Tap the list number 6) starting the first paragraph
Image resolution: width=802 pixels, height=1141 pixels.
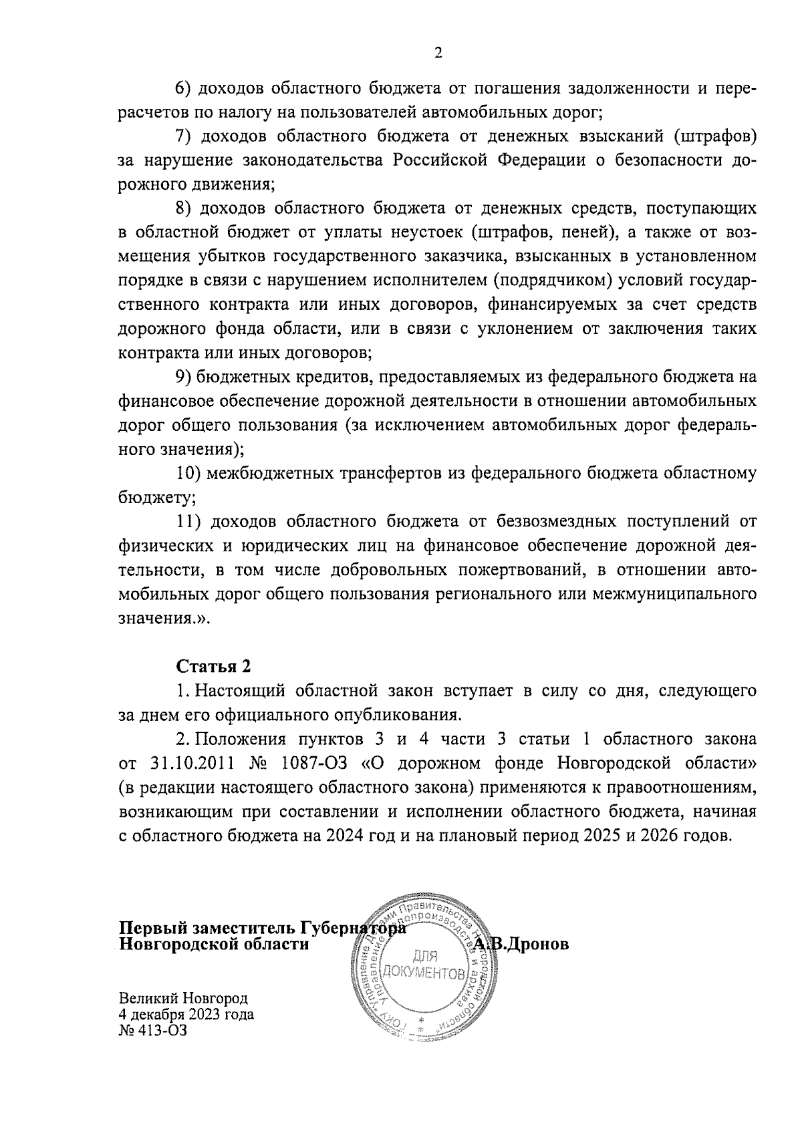click(x=184, y=88)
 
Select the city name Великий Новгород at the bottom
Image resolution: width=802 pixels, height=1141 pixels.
click(x=183, y=998)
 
